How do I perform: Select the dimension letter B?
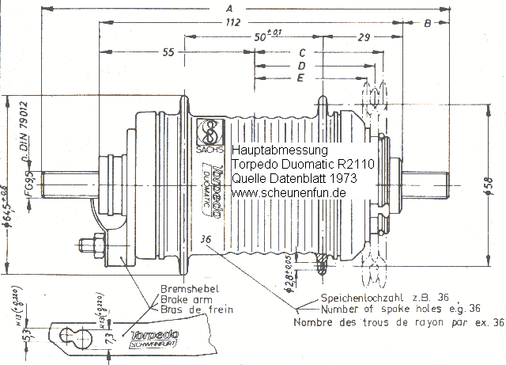[x=428, y=24]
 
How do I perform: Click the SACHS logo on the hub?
[x=210, y=131]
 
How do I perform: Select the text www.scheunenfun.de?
[x=289, y=192]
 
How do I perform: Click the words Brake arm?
[x=185, y=300]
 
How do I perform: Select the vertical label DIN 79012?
[x=24, y=127]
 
